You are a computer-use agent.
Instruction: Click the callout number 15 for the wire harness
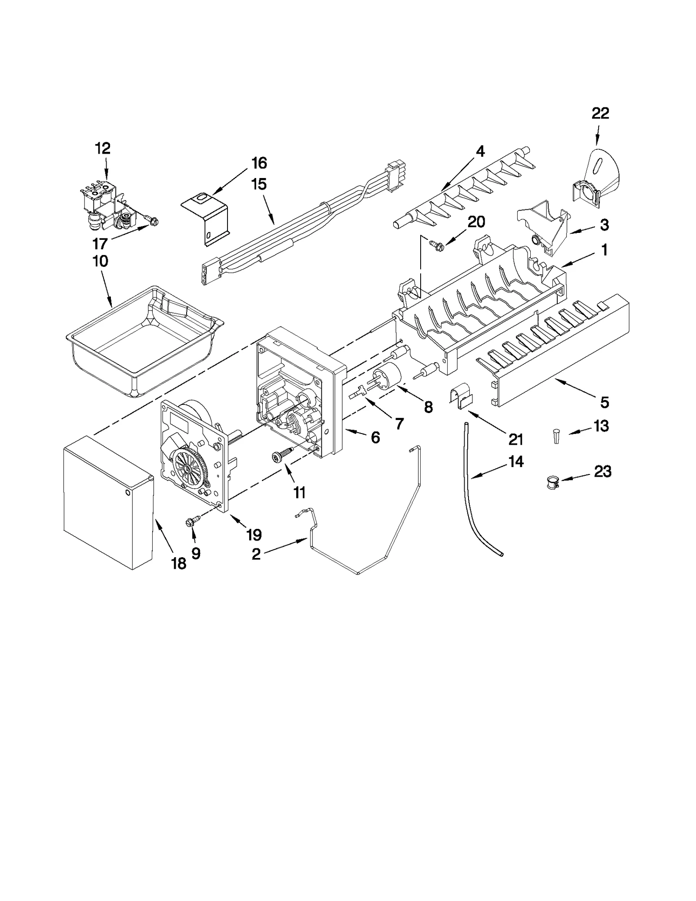click(259, 184)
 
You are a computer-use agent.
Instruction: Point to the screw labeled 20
click(435, 245)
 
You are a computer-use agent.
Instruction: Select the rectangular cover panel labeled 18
click(107, 503)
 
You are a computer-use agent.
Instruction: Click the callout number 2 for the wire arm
click(256, 554)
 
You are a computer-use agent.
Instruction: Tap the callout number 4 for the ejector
click(480, 151)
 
